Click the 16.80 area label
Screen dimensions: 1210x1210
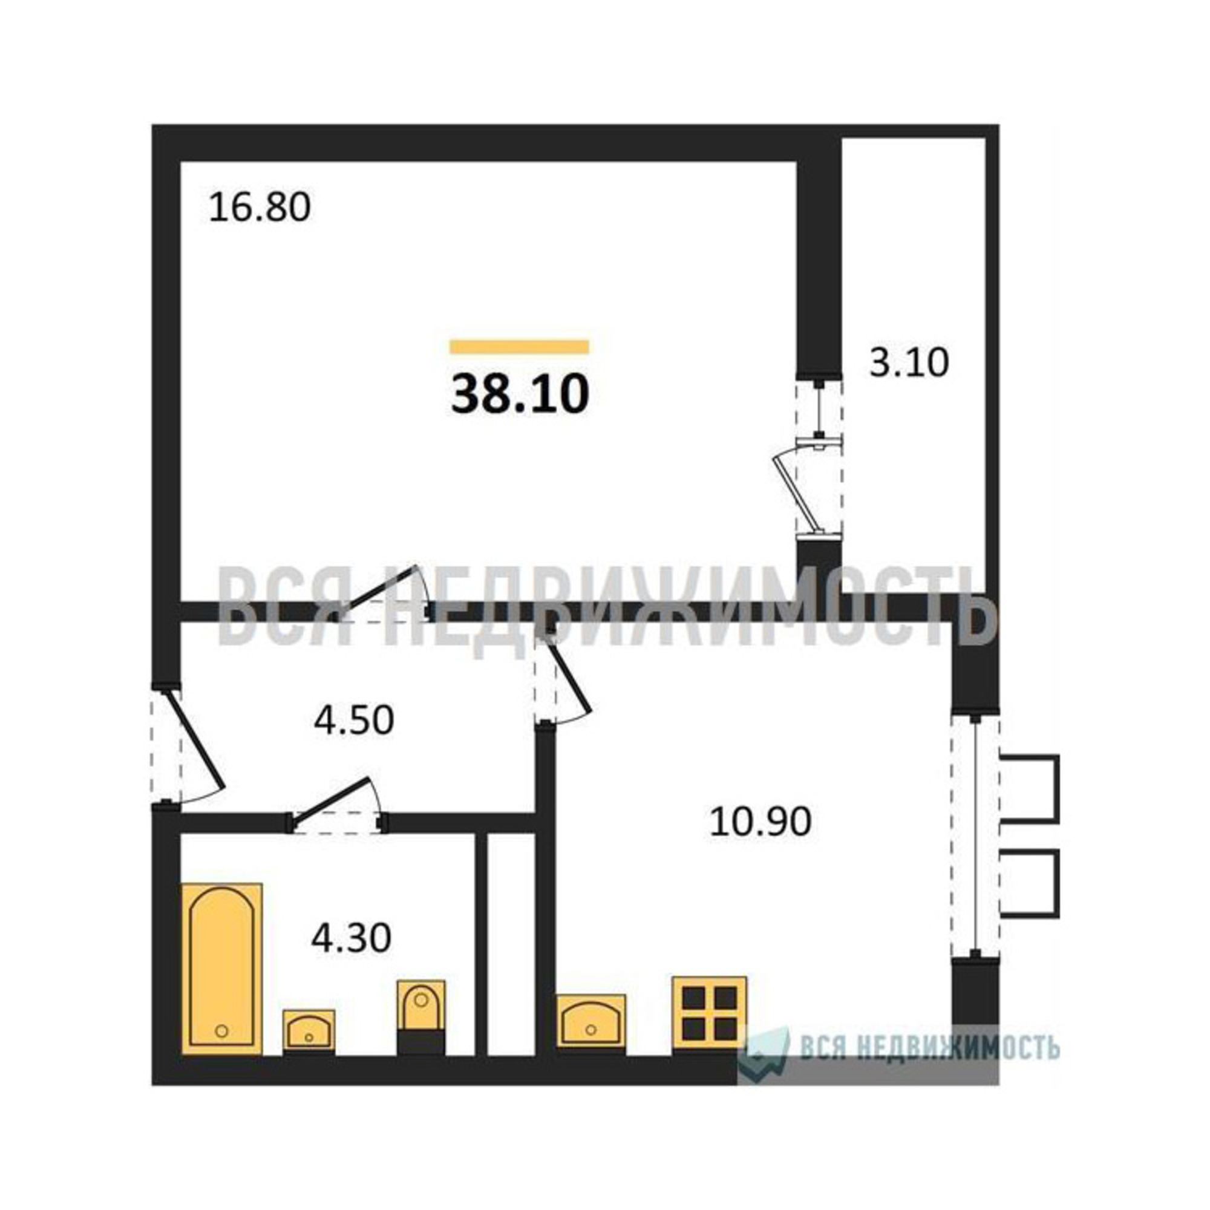[260, 208]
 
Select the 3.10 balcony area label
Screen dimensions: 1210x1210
[909, 362]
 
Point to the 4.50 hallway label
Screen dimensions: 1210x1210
[354, 719]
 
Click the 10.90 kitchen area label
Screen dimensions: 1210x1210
[760, 821]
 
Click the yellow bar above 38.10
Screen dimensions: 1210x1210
[519, 346]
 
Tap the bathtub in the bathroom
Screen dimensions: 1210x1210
[221, 969]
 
